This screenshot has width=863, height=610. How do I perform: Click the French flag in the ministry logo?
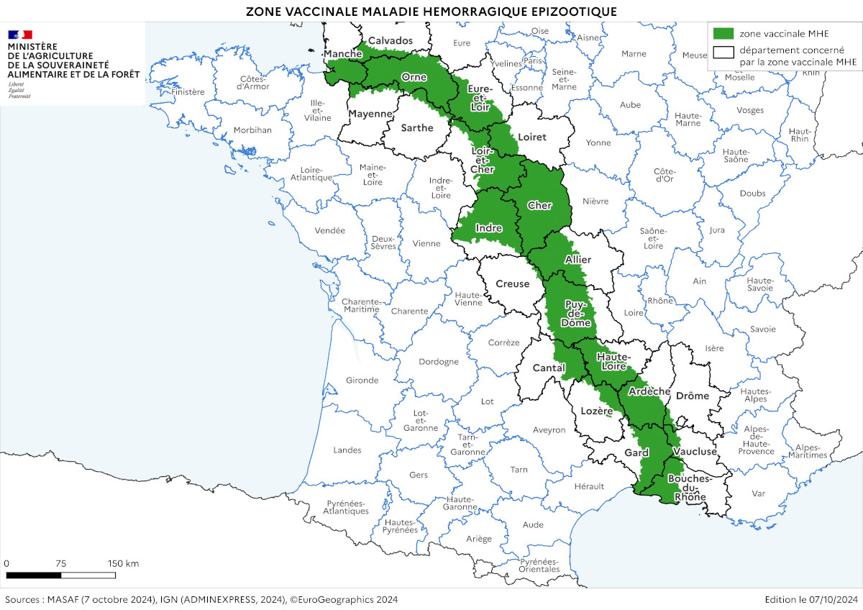click(20, 35)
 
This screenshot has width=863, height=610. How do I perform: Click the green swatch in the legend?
click(723, 33)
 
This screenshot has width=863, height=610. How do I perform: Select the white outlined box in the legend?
click(723, 51)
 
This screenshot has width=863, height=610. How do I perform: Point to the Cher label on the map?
click(539, 206)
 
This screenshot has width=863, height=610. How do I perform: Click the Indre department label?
click(488, 228)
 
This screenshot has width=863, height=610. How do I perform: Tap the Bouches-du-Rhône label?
click(689, 487)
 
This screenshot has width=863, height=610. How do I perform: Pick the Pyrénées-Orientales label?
click(539, 565)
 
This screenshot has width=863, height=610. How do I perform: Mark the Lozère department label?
click(595, 411)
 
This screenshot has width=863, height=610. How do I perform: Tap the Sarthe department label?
click(416, 128)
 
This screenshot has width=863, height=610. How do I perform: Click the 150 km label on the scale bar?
click(123, 563)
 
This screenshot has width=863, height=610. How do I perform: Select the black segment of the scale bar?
click(33, 575)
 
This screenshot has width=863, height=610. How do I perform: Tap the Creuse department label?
click(512, 284)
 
